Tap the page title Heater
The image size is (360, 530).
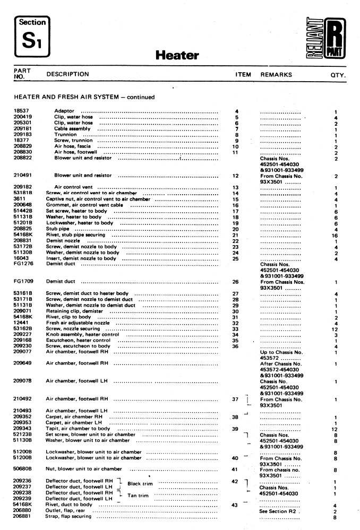click(x=177, y=55)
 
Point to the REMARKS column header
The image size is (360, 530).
click(x=276, y=75)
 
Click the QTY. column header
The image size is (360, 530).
click(x=338, y=75)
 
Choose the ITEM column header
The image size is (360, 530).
click(x=243, y=75)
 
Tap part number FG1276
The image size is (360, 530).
click(x=23, y=263)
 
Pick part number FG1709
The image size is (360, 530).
click(x=23, y=282)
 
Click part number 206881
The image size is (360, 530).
click(x=23, y=517)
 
